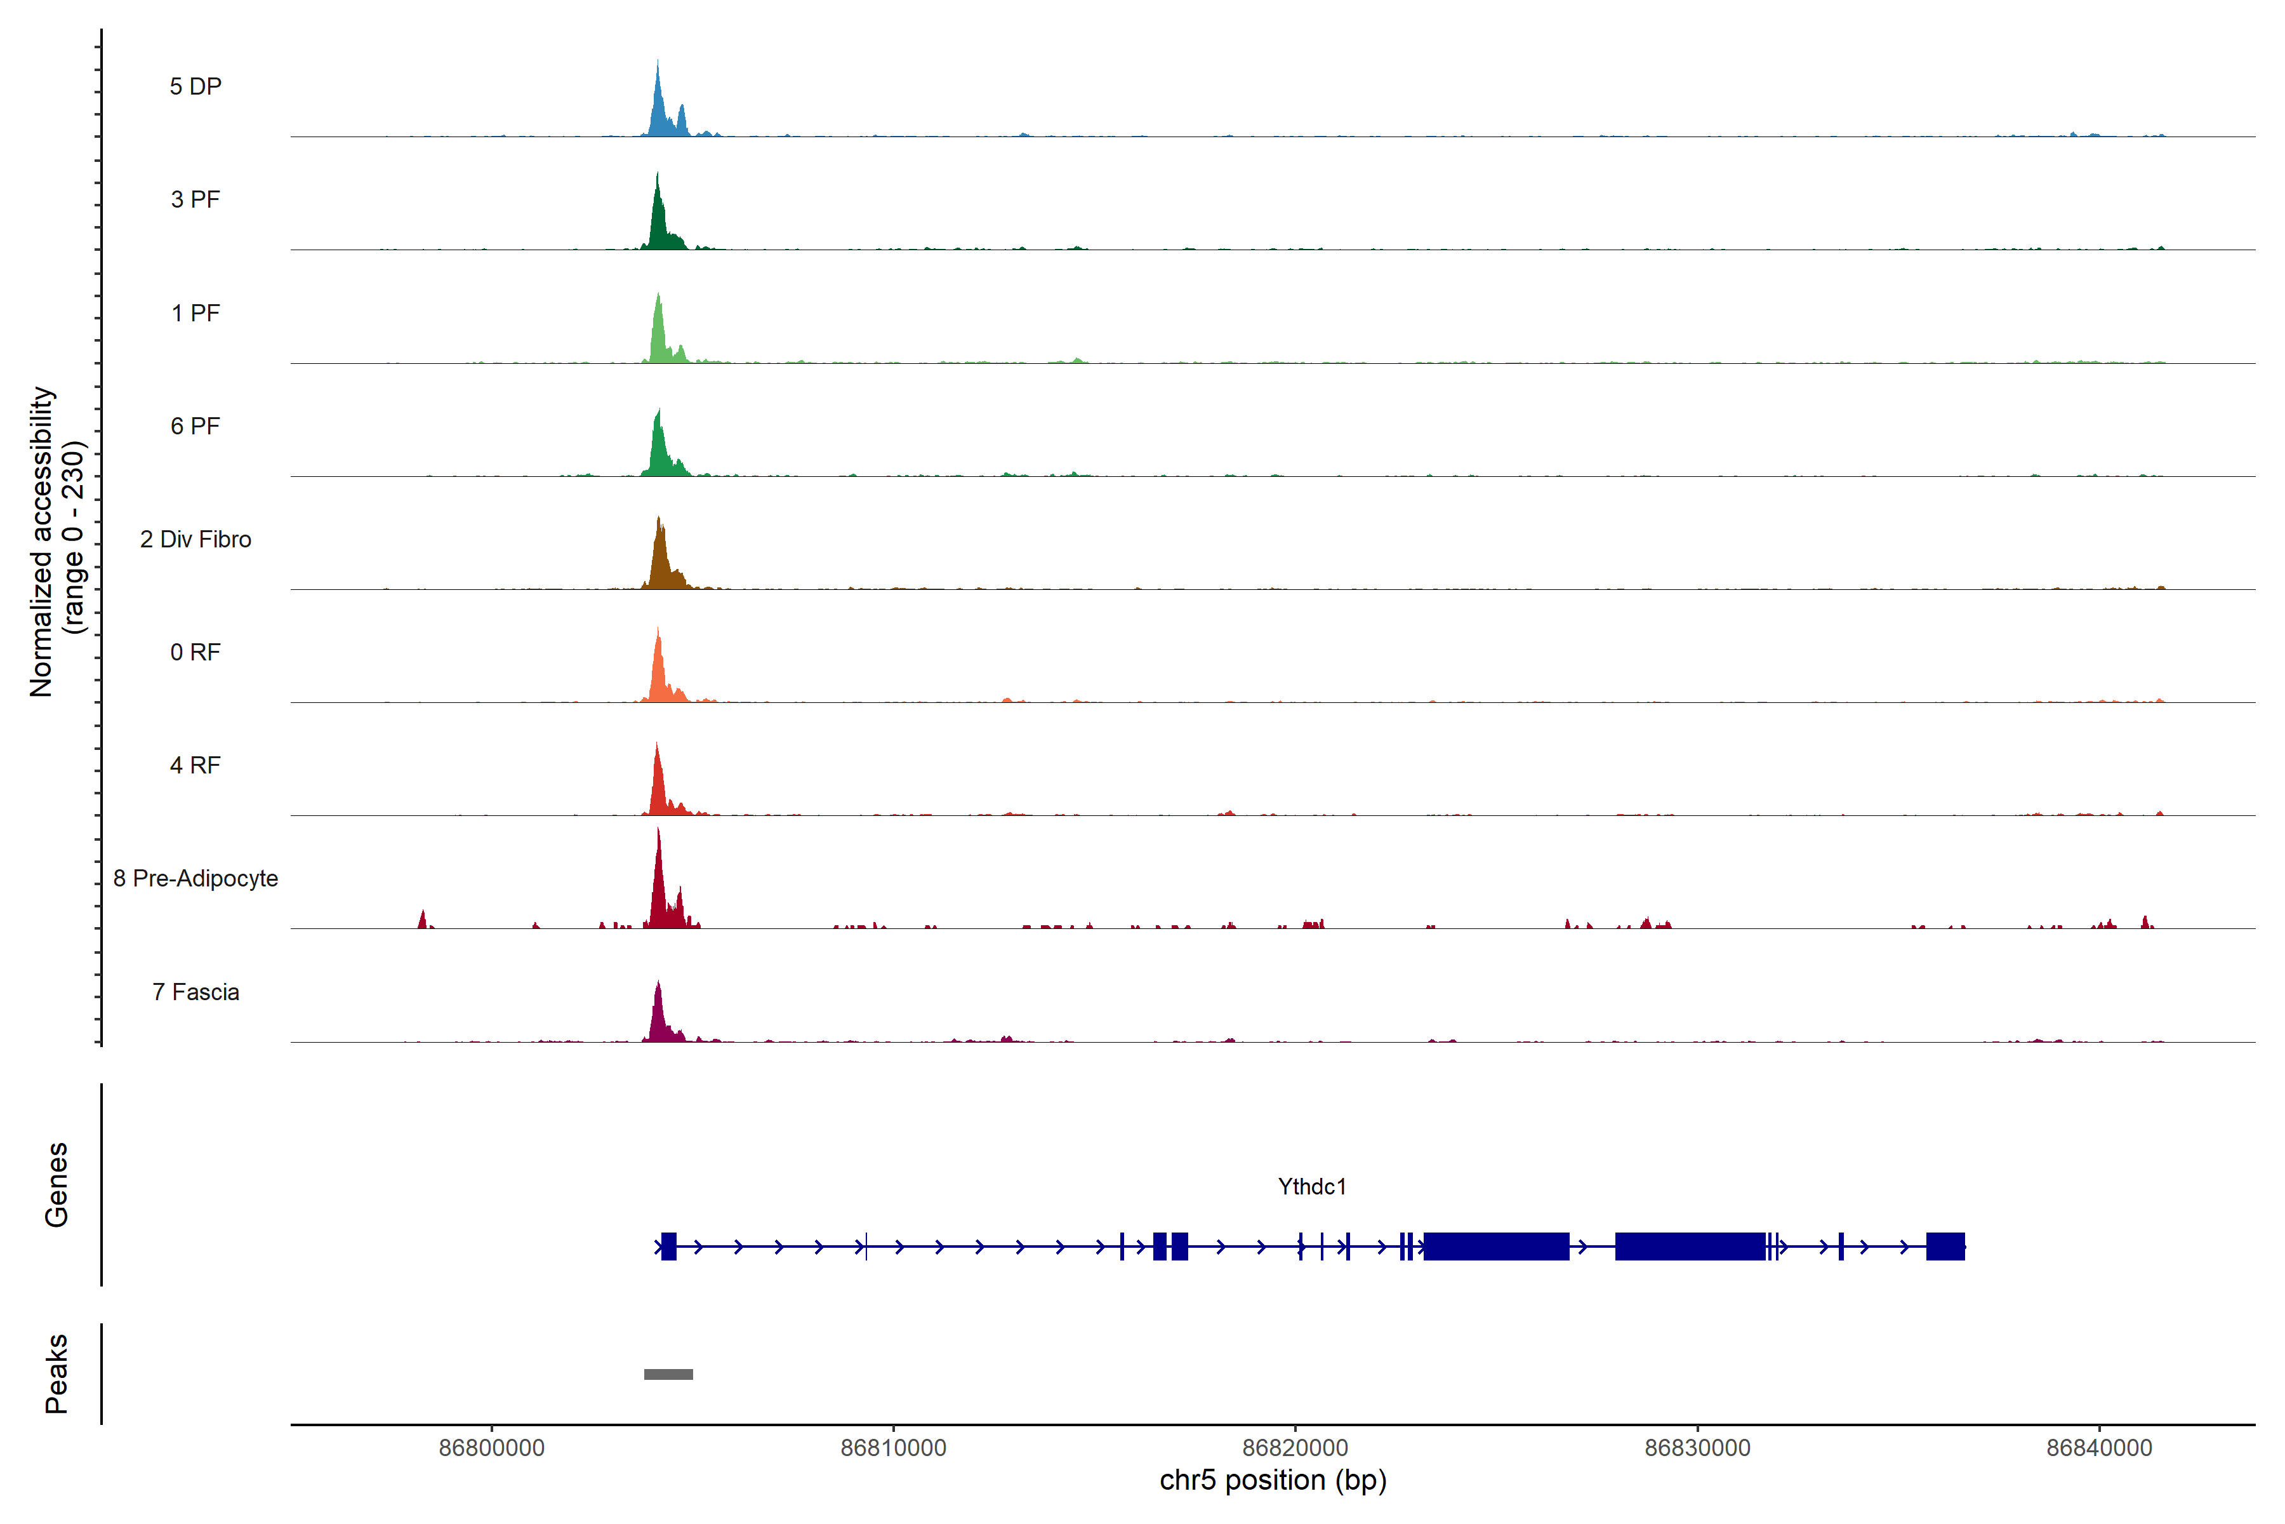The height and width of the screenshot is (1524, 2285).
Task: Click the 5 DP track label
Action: pos(195,86)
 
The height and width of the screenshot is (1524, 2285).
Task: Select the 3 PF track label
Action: pos(195,199)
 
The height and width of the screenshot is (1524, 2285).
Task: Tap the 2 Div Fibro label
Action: pos(195,539)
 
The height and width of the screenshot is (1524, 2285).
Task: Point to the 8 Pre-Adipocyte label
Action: pos(195,879)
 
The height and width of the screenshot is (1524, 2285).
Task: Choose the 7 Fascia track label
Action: pos(195,993)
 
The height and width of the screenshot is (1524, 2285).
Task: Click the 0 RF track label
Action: pos(195,652)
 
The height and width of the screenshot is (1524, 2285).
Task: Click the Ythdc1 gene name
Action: pos(1311,1187)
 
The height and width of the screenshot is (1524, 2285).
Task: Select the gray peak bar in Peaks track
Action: pos(668,1374)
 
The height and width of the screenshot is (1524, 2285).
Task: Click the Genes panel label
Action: pos(56,1185)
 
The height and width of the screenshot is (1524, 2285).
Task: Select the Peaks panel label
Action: pos(56,1374)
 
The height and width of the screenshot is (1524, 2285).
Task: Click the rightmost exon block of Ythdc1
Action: pos(1945,1246)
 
